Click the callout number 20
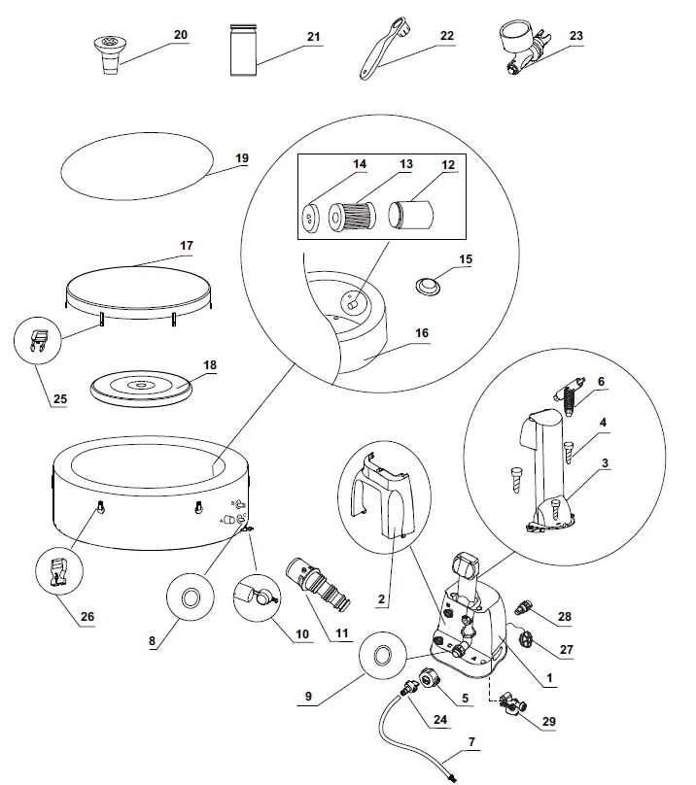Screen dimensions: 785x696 180,35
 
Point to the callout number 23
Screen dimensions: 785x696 576,35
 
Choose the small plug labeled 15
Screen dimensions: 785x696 426,286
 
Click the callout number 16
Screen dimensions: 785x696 421,333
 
